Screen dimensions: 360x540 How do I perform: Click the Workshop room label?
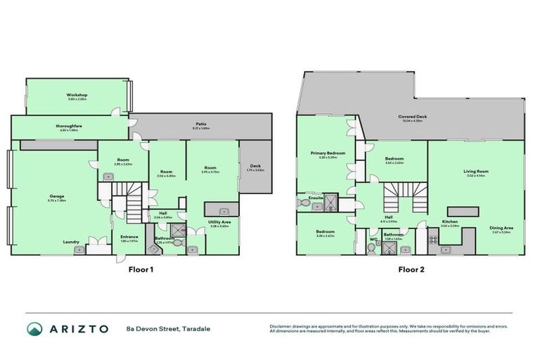[77, 94]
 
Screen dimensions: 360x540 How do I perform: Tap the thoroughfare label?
[71, 127]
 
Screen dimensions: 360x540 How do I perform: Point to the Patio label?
[201, 124]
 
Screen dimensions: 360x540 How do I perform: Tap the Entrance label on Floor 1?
[129, 236]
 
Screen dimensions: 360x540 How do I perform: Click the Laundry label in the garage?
[71, 242]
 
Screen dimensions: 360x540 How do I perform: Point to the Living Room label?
[475, 171]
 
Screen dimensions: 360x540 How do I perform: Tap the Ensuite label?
[316, 198]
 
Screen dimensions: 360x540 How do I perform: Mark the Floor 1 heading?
[140, 269]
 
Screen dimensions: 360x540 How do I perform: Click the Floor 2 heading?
[411, 269]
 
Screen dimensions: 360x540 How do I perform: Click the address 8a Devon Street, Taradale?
[167, 328]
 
